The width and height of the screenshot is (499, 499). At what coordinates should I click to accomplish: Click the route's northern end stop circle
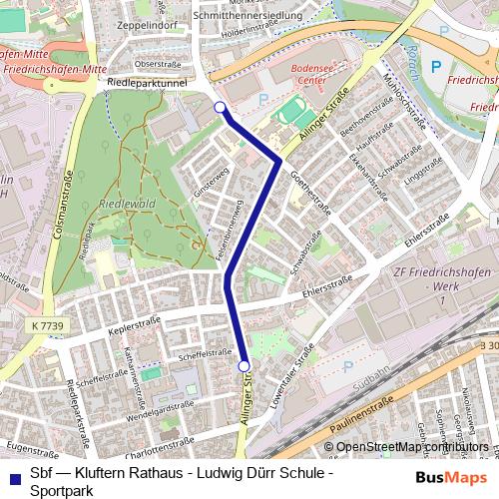[220, 108]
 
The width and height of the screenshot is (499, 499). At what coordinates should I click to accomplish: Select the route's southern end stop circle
[245, 367]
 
